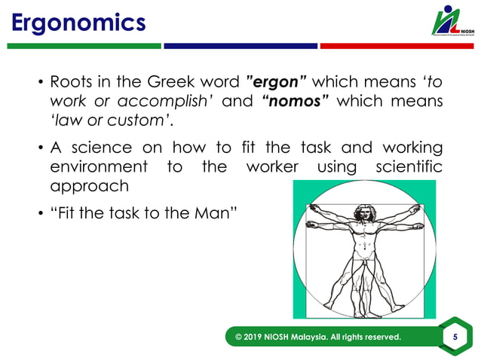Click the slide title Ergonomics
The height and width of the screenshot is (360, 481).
(x=78, y=23)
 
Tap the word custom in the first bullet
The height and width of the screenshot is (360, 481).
(x=141, y=121)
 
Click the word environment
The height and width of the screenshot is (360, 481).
(x=98, y=166)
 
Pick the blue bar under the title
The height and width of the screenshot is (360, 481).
(x=240, y=46)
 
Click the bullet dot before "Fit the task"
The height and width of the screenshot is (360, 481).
(x=40, y=214)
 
